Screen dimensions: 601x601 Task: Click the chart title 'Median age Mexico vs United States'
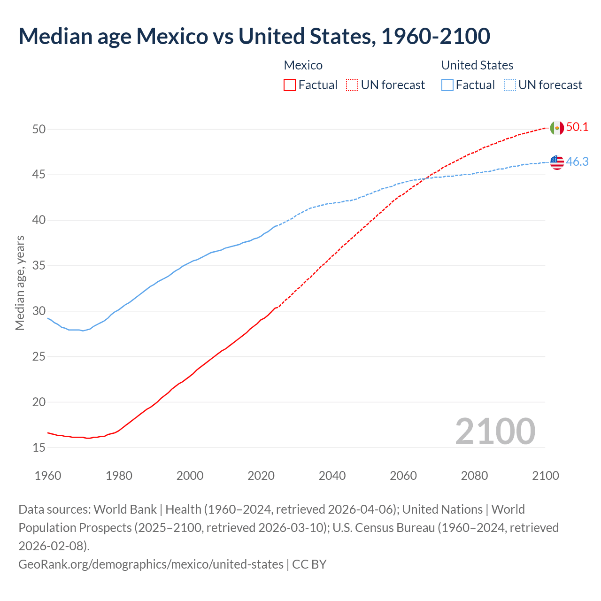[x=254, y=37]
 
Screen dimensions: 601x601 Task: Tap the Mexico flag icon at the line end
[x=557, y=128]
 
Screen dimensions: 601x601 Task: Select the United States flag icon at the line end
[x=557, y=162]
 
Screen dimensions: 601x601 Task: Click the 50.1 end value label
[x=577, y=127]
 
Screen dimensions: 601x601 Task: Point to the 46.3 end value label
[x=577, y=162]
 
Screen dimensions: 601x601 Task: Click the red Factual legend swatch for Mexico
[x=290, y=85]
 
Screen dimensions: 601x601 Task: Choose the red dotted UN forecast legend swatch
[x=352, y=85]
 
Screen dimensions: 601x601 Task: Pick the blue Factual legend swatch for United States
[x=447, y=85]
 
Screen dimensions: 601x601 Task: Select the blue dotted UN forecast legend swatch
[x=509, y=85]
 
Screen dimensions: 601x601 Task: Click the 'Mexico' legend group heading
[x=303, y=65]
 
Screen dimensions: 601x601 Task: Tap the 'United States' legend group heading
[x=477, y=65]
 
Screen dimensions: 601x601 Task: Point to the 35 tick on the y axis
[x=39, y=266]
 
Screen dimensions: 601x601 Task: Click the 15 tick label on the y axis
[x=39, y=448]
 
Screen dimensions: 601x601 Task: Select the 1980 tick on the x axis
[x=119, y=476]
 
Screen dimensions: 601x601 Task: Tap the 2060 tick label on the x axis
[x=403, y=476]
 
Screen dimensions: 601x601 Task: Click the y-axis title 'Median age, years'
[x=20, y=283]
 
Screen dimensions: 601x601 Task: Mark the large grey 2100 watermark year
[x=495, y=431]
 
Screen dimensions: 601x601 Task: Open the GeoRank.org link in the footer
[x=151, y=564]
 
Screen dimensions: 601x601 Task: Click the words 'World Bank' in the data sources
[x=125, y=509]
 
